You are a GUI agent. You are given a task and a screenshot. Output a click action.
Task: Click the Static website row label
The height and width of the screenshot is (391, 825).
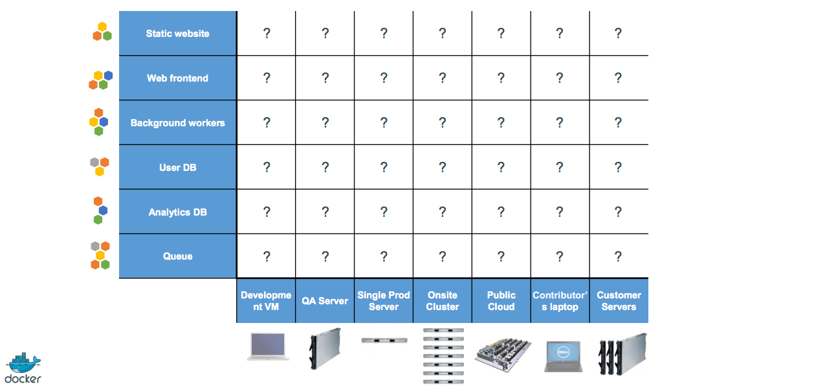177,34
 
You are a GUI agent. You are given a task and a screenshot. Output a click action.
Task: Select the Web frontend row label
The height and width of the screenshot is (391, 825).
177,78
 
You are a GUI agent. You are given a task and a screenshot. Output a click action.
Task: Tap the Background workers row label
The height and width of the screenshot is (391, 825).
177,123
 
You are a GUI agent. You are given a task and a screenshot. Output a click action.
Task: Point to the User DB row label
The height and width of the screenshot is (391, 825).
177,168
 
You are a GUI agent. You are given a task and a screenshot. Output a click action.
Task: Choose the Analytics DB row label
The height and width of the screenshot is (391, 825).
177,212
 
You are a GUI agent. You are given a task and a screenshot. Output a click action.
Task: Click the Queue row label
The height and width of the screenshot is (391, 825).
177,256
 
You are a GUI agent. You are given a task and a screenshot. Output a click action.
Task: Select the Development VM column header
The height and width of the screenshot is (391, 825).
266,301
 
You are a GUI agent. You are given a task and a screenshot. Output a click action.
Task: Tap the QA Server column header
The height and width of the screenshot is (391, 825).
325,301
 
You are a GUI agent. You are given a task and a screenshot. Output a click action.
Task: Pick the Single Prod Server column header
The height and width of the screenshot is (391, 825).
384,301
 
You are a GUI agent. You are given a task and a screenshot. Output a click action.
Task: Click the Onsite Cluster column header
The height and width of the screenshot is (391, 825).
443,301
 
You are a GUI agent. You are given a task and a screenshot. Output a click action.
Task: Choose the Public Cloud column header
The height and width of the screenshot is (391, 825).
501,301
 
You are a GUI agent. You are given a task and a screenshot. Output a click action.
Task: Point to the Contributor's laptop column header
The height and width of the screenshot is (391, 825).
560,301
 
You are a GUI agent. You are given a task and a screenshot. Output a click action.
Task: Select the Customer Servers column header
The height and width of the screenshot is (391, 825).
619,301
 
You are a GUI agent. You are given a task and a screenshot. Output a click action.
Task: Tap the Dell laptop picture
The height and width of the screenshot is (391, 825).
563,356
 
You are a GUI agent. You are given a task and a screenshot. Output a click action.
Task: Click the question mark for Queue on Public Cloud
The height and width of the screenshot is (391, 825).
501,256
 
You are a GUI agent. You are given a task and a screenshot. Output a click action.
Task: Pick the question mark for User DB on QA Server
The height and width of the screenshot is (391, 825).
325,168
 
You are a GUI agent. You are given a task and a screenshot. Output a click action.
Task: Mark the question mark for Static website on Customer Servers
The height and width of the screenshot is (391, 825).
618,34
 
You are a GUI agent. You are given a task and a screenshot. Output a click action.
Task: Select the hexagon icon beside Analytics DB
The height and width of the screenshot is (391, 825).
99,210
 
